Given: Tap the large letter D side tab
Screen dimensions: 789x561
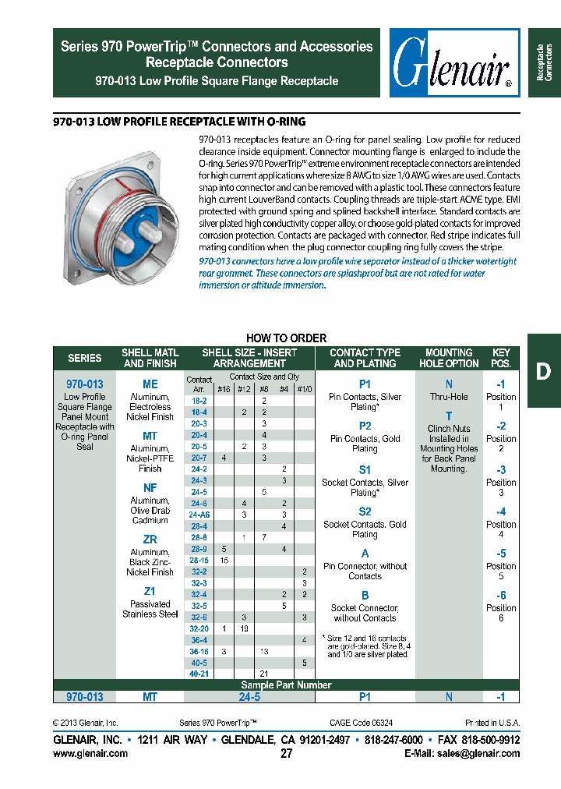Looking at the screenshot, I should pos(543,371).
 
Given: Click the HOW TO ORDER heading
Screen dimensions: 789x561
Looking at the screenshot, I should pos(286,338).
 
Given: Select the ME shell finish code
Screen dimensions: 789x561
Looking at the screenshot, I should pos(150,384).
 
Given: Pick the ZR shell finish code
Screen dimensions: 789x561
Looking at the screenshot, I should pos(150,540).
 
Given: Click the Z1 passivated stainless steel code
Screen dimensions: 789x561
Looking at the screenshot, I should pos(150,592).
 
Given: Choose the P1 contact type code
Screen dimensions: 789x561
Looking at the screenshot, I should pos(365,384).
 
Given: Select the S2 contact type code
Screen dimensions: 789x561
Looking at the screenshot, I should pos(365,512).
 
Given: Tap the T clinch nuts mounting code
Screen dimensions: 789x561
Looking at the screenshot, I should pos(449,416).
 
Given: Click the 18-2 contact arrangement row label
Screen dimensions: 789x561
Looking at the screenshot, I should pos(199,400).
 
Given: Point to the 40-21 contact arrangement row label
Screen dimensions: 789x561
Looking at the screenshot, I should pos(199,674).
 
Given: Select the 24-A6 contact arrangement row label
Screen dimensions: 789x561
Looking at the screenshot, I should pos(199,515).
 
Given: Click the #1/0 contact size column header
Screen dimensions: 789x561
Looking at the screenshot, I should pos(304,388).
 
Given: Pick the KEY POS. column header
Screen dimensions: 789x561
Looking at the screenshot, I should pos(501,358).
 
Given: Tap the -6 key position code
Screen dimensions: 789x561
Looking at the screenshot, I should pos(501,595).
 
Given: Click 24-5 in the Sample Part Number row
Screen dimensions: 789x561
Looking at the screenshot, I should pos(249,697).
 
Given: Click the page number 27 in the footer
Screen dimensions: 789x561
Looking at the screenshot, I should pos(286,754).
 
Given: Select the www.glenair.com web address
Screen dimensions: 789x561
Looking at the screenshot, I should pos(90,754).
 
